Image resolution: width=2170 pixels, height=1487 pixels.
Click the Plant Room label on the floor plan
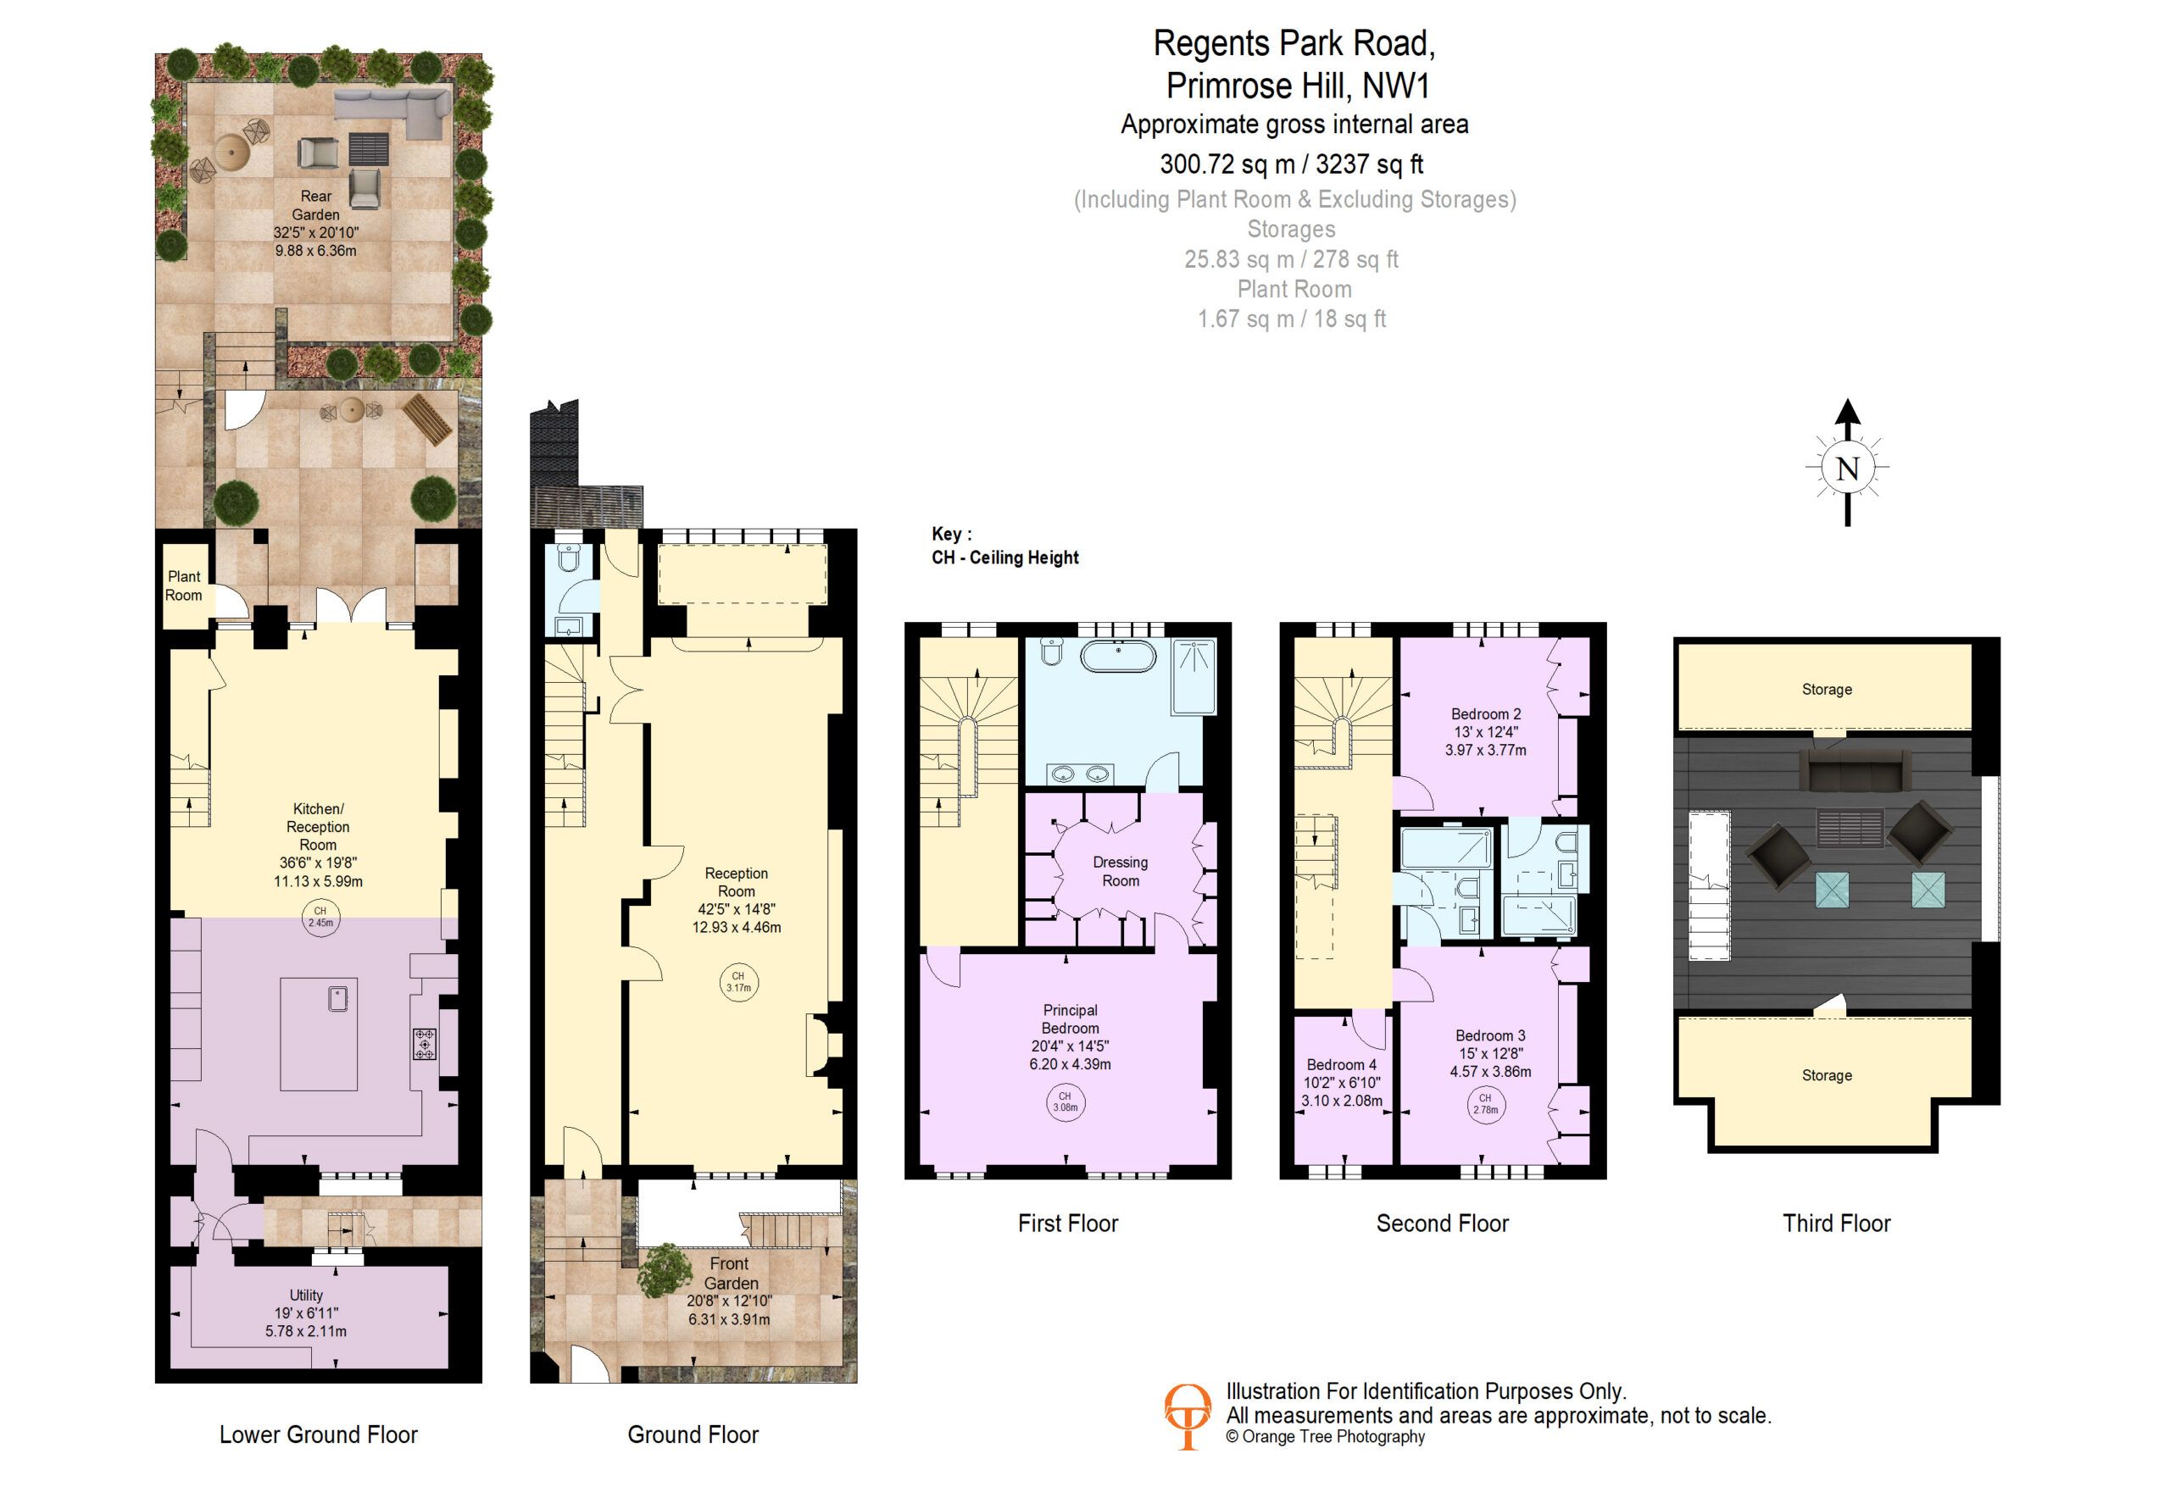[184, 586]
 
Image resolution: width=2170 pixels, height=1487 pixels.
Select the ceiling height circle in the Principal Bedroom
[1066, 1102]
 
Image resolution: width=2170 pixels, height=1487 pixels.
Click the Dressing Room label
[1121, 872]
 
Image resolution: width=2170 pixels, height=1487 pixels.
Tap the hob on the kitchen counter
[425, 1044]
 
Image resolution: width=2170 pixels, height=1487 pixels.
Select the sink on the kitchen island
[338, 999]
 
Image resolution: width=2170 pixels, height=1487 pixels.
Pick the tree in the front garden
[665, 1269]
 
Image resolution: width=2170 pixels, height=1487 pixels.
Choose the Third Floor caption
[1836, 1223]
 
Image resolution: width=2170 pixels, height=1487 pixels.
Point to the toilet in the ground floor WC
[569, 558]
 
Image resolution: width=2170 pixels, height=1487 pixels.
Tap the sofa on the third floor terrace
[1855, 772]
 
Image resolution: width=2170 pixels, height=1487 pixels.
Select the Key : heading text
[951, 534]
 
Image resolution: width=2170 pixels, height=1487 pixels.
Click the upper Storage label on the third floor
[1827, 690]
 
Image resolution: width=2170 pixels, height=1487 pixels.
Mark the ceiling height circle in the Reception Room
[738, 982]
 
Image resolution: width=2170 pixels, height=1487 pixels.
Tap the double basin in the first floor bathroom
[1078, 774]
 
